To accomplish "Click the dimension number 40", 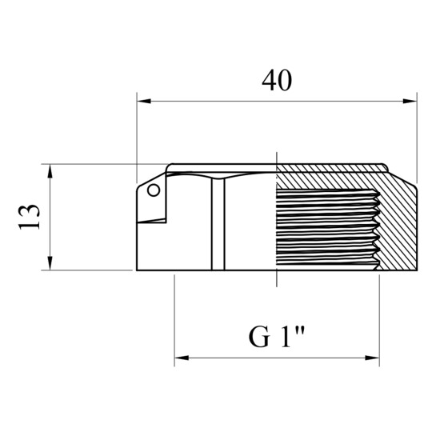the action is click(x=277, y=81).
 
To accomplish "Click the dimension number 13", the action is click(x=29, y=217).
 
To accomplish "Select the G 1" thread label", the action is click(x=277, y=337).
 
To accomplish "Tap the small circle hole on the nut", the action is click(x=154, y=190).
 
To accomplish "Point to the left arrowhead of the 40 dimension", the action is click(x=144, y=101).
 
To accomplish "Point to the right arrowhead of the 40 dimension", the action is click(x=410, y=101).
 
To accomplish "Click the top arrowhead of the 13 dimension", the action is click(x=50, y=171).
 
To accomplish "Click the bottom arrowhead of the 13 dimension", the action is click(x=50, y=263).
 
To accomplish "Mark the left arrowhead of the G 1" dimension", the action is click(x=182, y=358).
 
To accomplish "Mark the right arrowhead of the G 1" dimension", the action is click(x=372, y=358).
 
